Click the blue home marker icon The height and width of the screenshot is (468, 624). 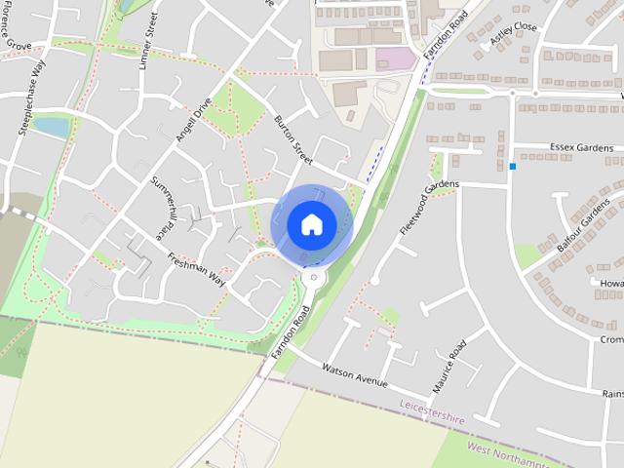pyautogui.click(x=311, y=224)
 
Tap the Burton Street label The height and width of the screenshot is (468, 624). pyautogui.click(x=292, y=138)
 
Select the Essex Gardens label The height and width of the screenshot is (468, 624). pyautogui.click(x=581, y=148)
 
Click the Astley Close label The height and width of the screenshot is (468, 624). pyautogui.click(x=513, y=32)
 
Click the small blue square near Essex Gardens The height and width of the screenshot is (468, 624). pyautogui.click(x=513, y=167)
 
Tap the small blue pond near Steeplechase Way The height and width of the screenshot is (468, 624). pyautogui.click(x=51, y=127)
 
